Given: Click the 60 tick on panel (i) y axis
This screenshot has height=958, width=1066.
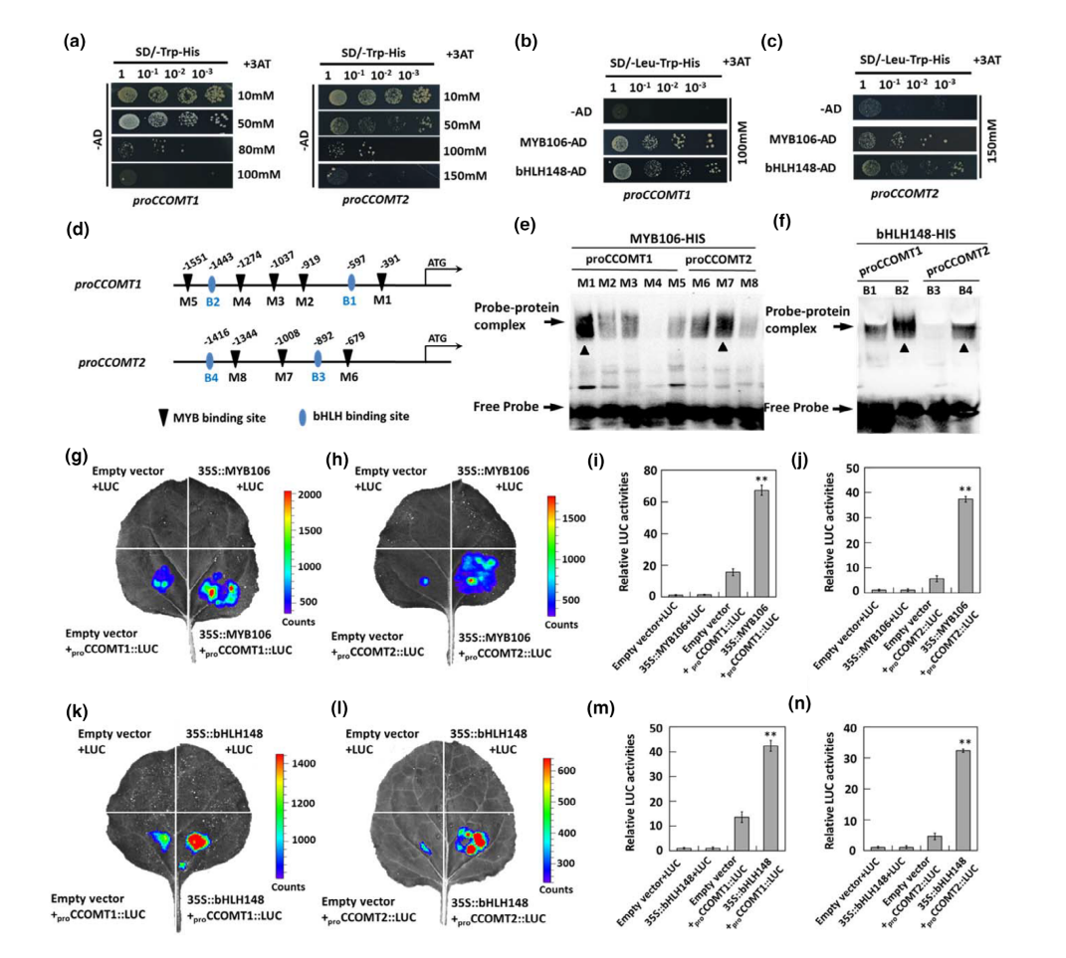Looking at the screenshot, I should pyautogui.click(x=651, y=503).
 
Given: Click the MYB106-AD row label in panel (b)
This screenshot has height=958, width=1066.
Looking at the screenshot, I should pyautogui.click(x=560, y=141).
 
